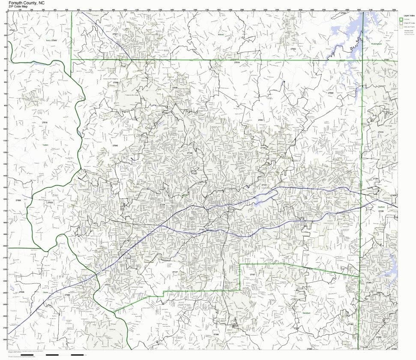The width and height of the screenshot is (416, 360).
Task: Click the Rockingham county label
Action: coord(377,44)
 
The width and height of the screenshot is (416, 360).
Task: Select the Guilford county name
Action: coord(381,207)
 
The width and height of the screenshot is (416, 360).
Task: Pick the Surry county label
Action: coord(48,40)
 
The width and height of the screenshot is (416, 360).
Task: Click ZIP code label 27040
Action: coord(115,146)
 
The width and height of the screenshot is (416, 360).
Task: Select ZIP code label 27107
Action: coord(252,274)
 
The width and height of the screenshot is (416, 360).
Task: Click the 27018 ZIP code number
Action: coord(45,123)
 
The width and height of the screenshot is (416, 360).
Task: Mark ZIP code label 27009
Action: coord(330,93)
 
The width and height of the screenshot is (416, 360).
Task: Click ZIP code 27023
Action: coord(50,202)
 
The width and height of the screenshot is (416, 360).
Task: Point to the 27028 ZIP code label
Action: coord(21,292)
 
